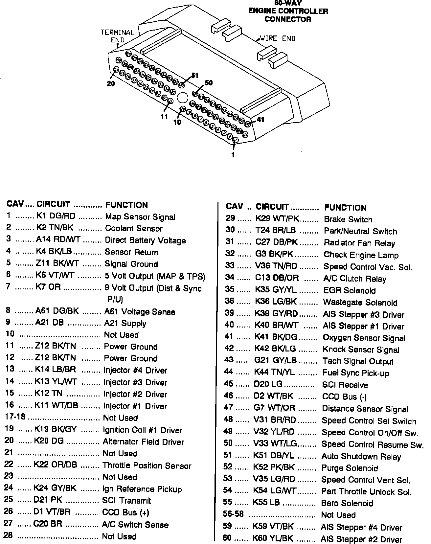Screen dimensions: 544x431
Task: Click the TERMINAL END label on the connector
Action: pyautogui.click(x=117, y=36)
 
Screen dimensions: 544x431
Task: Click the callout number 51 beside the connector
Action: pyautogui.click(x=195, y=76)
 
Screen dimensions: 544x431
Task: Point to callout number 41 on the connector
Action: pyautogui.click(x=261, y=120)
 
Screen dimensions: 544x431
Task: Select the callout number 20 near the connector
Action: pyautogui.click(x=111, y=84)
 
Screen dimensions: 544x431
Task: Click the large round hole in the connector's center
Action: pyautogui.click(x=182, y=98)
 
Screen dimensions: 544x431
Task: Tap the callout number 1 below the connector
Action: pyautogui.click(x=233, y=155)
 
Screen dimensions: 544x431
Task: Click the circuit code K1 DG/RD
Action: pyautogui.click(x=56, y=216)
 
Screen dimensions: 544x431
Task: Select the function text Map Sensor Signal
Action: pyautogui.click(x=140, y=217)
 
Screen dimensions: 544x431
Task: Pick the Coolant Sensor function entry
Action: pyautogui.click(x=134, y=228)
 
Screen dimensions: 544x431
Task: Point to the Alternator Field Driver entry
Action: pyautogui.click(x=143, y=442)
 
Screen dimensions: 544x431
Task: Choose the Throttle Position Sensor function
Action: pyautogui.click(x=147, y=465)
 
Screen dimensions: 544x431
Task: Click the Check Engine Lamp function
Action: pyautogui.click(x=361, y=255)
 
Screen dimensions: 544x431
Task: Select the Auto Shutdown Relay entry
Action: pyautogui.click(x=361, y=457)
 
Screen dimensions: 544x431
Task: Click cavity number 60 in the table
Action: pyautogui.click(x=227, y=538)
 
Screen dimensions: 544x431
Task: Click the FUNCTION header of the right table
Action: pyautogui.click(x=345, y=208)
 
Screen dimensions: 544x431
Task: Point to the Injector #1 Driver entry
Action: pyautogui.click(x=135, y=406)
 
